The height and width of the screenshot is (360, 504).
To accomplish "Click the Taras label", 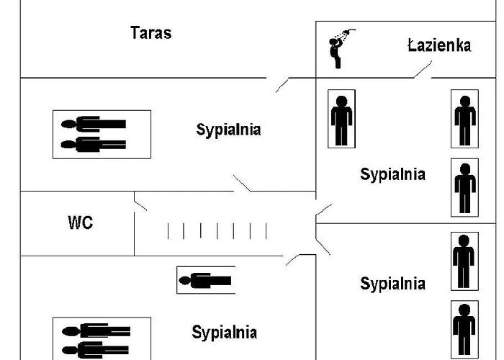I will click(x=151, y=32).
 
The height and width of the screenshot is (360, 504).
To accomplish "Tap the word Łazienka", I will click(x=439, y=46).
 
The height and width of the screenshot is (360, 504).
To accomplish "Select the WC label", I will click(x=81, y=222).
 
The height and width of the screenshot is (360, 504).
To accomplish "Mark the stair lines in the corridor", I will click(x=217, y=231).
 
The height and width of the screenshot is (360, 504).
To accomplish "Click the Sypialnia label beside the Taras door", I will click(x=228, y=130).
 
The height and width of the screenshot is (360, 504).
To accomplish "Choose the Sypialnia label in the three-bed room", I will click(x=392, y=174).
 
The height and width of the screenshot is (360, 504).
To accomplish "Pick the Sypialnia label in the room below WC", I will click(x=224, y=333).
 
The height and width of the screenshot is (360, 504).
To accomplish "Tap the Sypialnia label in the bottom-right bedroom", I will click(x=392, y=284).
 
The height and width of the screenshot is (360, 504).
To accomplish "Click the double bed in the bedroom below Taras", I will click(x=102, y=134).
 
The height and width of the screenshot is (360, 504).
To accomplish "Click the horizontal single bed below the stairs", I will click(x=206, y=280).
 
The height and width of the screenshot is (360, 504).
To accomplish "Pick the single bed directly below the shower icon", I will click(x=341, y=119).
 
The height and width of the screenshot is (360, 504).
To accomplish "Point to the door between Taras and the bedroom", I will click(x=282, y=84).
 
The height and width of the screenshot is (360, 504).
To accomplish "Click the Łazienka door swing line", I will click(x=423, y=70).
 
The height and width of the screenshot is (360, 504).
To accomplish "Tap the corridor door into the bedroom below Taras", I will click(x=242, y=183).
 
